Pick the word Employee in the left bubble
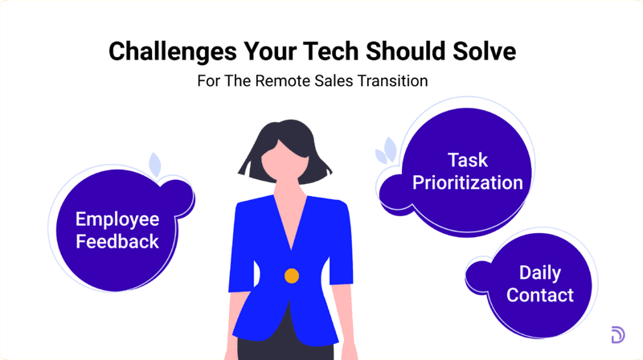coord(117,219)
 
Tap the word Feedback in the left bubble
coord(117,241)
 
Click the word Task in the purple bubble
coord(468,159)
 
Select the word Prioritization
coord(468,182)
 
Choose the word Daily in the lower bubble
coord(539,272)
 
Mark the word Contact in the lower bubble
coord(539,295)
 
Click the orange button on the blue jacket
coord(292,276)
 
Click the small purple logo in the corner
coord(617,335)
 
